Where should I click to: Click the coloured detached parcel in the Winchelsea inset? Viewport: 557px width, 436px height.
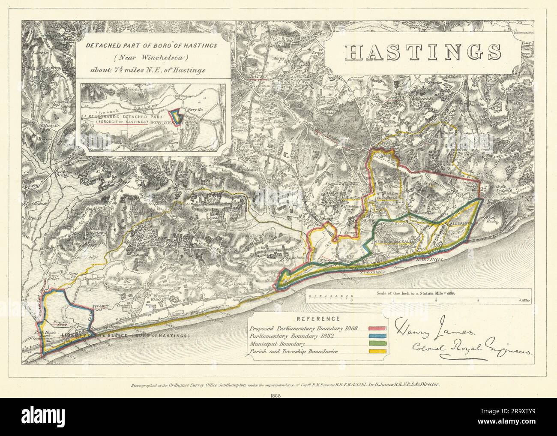(x=176, y=116)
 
